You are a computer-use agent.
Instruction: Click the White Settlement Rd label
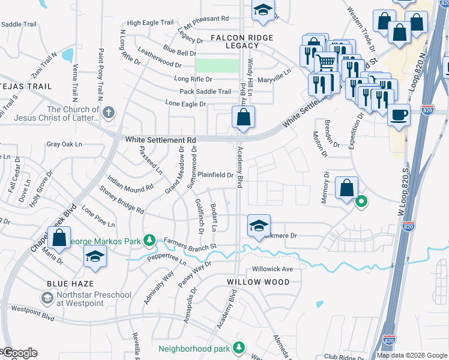(161, 140)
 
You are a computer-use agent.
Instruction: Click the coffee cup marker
(399, 114)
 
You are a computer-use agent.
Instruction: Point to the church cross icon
(108, 112)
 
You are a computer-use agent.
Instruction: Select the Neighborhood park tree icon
(239, 348)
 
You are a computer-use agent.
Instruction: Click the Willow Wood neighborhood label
(258, 281)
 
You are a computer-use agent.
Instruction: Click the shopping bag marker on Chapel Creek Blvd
(59, 238)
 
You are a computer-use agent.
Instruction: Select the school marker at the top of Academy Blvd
(262, 10)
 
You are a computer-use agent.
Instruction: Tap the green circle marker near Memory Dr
(361, 202)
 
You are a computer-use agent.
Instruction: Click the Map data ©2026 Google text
(411, 355)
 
